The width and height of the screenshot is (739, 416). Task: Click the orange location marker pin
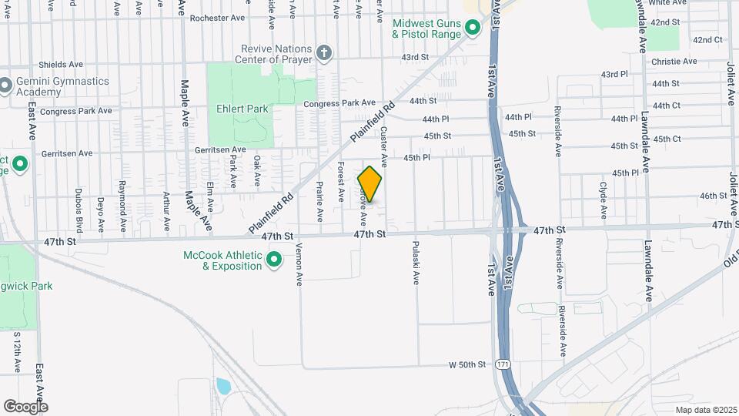369,185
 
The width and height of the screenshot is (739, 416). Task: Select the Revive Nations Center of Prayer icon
324,53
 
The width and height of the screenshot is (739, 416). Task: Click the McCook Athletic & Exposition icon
273,262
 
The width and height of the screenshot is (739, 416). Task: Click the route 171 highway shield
503,363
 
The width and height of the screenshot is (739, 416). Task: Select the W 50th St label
468,364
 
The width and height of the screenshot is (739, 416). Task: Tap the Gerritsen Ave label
219,149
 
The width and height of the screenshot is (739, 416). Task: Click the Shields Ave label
61,65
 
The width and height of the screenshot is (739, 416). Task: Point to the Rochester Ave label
216,18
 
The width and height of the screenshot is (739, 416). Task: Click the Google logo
25,406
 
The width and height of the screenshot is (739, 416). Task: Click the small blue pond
223,386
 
